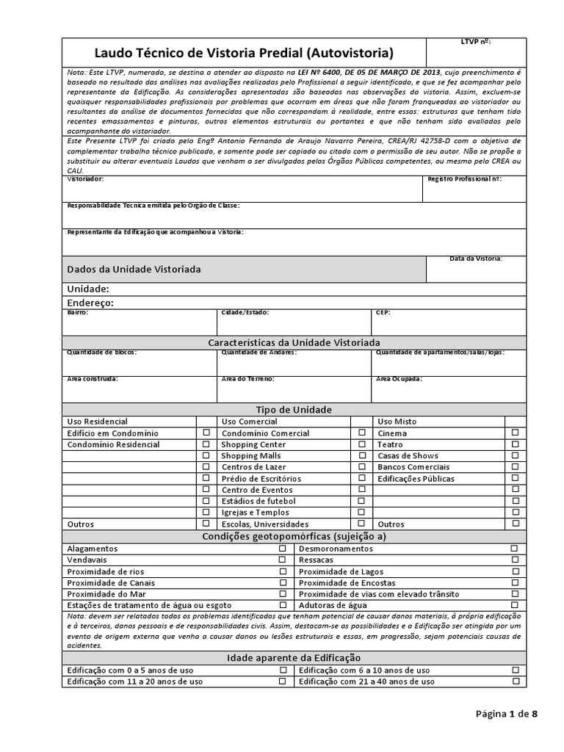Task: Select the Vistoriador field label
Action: (x=85, y=179)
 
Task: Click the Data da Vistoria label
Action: (x=476, y=258)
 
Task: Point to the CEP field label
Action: (x=383, y=312)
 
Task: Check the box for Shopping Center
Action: (x=361, y=444)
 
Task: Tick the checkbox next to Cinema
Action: (x=515, y=433)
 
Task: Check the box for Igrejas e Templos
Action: (x=361, y=512)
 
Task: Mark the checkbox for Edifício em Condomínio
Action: (x=206, y=433)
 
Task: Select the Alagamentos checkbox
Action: (x=283, y=549)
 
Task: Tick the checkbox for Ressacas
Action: (x=515, y=560)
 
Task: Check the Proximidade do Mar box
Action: (x=283, y=593)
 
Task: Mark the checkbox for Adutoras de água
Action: (x=515, y=604)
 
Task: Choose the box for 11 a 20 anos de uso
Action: (x=283, y=681)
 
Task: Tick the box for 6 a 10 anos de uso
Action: (x=515, y=670)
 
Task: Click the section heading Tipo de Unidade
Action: (x=293, y=409)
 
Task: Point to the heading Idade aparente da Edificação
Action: (x=293, y=658)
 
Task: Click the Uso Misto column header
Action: (x=395, y=422)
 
